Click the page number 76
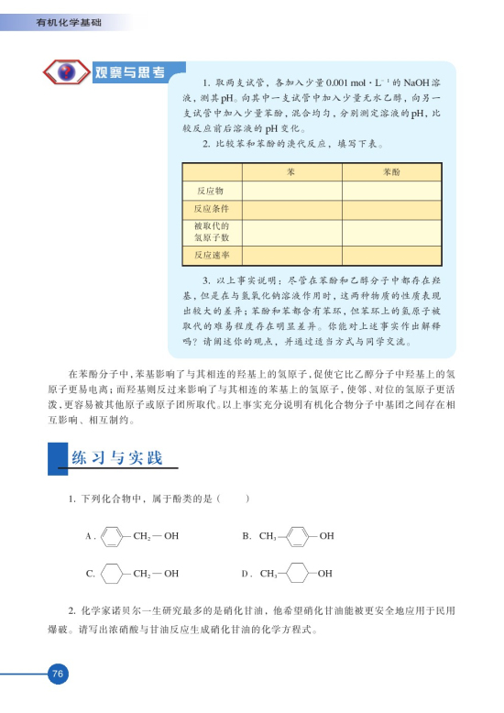57,675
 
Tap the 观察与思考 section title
130,71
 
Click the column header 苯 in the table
290,172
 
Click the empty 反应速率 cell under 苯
290,255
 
